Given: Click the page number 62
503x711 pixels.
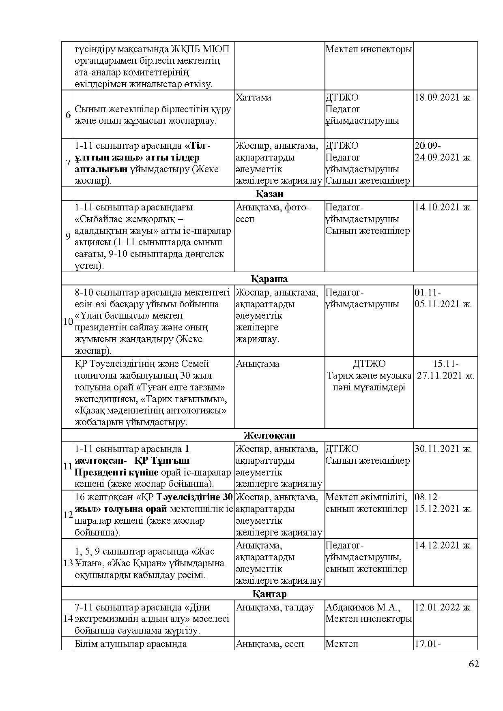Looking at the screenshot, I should click(474, 664).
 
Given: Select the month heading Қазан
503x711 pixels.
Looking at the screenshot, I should click(269, 194).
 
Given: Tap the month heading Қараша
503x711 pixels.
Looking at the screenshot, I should click(269, 279).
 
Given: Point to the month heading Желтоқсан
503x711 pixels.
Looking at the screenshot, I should click(269, 435).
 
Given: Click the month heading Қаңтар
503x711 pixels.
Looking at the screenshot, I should click(269, 594).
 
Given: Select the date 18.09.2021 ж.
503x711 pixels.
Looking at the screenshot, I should click(443, 97).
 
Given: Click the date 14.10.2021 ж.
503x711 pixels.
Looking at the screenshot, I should click(443, 207).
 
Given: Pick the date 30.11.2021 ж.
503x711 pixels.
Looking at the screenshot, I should click(443, 449).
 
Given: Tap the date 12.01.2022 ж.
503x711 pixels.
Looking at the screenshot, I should click(443, 607).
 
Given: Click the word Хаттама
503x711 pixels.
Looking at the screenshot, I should click(254, 97).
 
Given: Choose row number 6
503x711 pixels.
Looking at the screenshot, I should click(68, 115).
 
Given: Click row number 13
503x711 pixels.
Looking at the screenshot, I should click(68, 563).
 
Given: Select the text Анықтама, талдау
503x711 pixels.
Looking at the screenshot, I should click(275, 607).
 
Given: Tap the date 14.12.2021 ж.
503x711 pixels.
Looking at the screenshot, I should click(443, 545).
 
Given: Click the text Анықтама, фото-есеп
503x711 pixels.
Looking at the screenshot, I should click(272, 213).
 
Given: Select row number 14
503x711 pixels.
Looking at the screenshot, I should click(68, 619).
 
